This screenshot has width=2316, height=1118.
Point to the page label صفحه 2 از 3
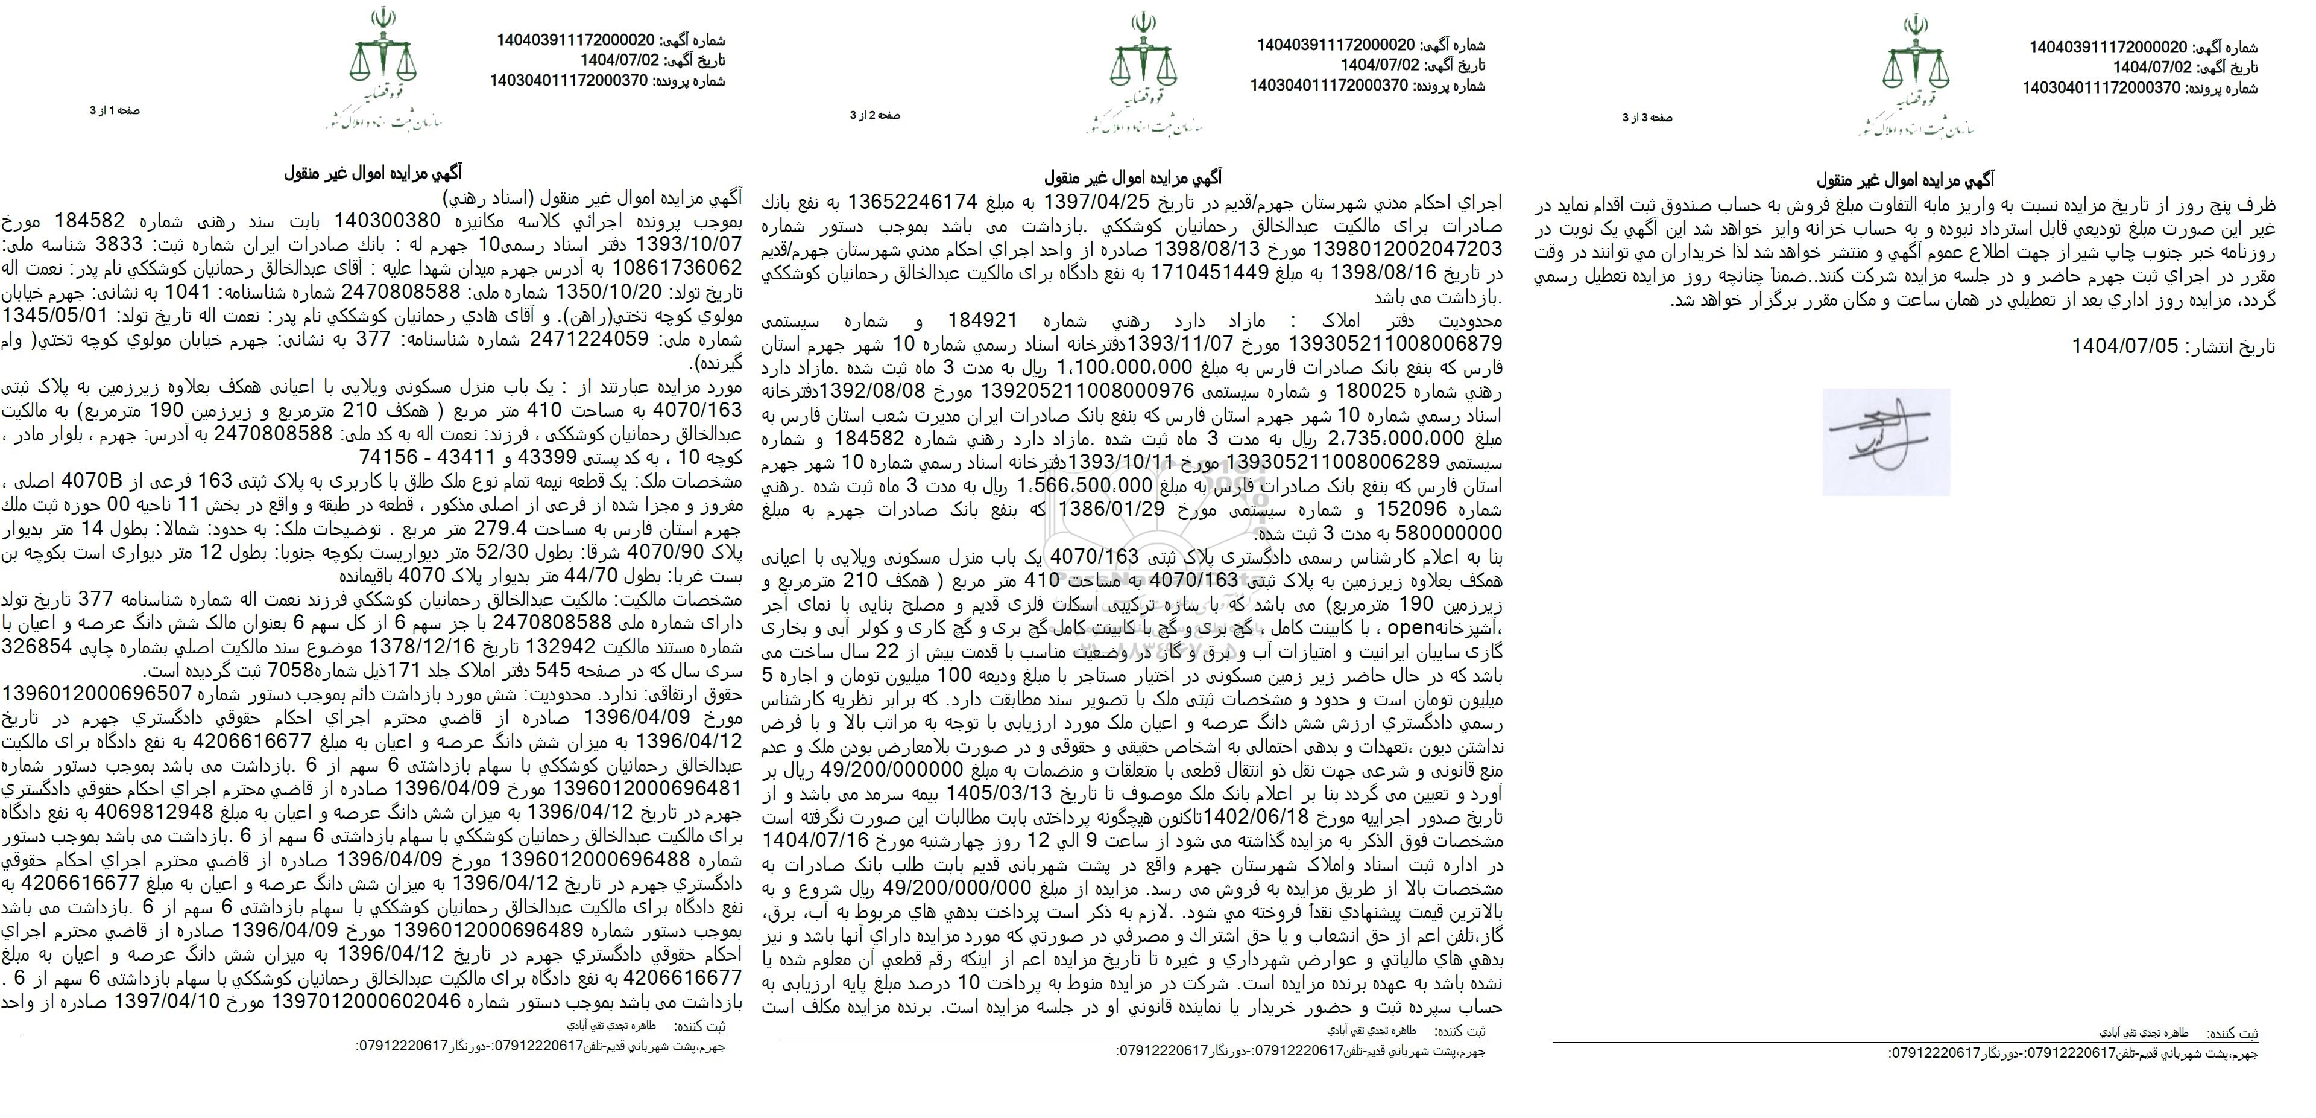click(x=875, y=115)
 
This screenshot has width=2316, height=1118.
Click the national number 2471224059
click(x=590, y=339)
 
